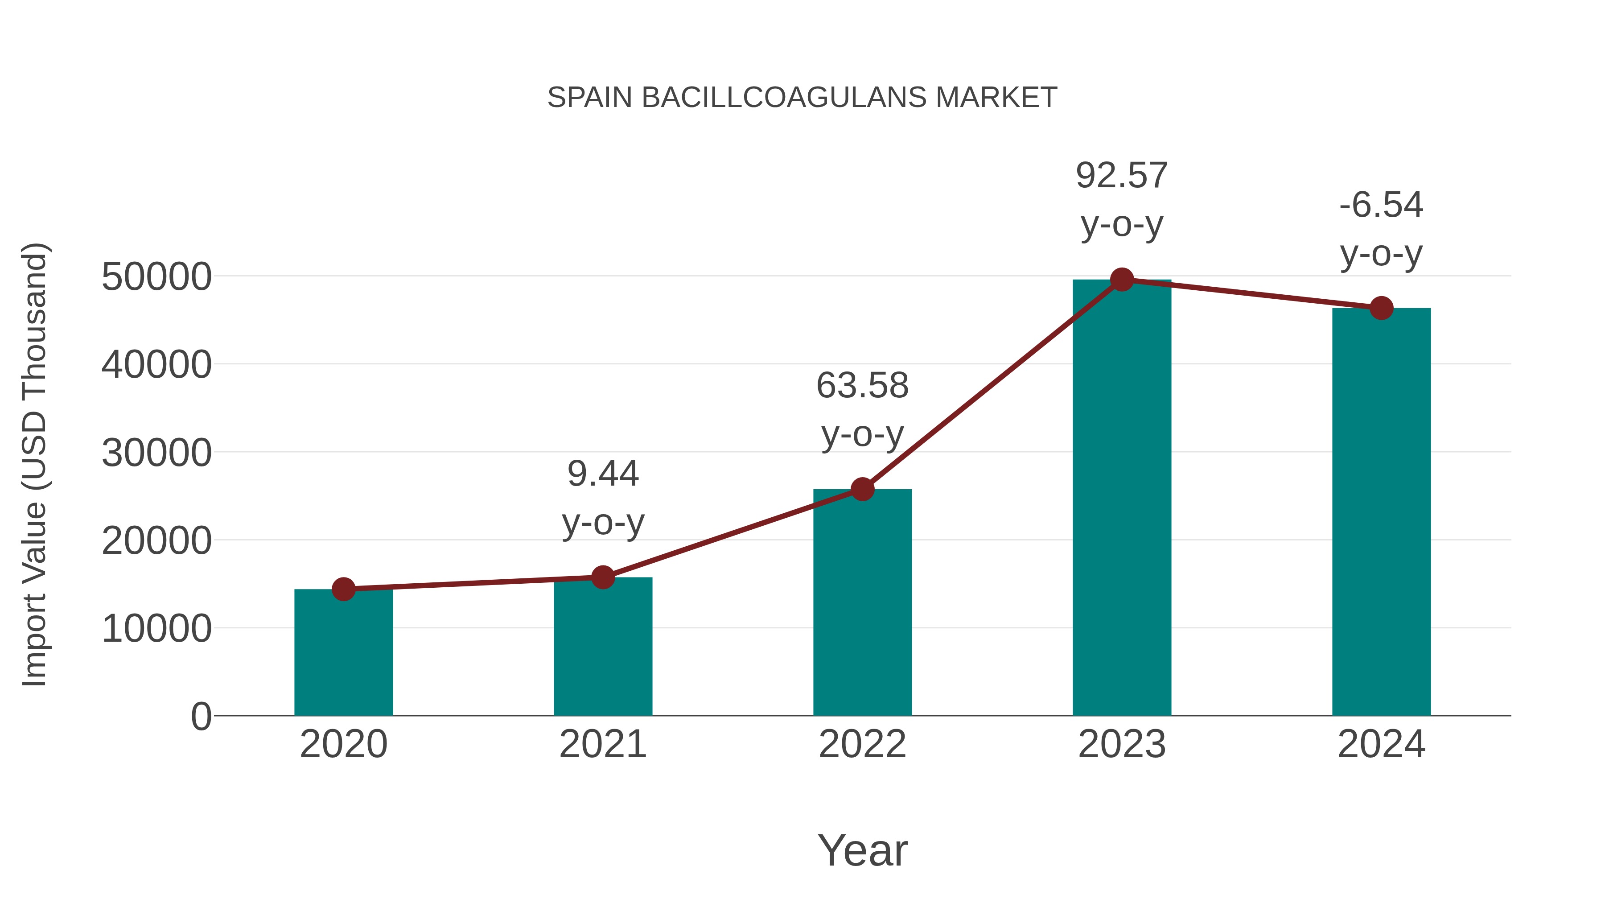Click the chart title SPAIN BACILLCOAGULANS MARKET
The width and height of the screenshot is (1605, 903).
click(x=802, y=98)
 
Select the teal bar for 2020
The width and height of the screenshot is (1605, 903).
click(x=343, y=654)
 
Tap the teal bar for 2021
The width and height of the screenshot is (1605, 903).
click(x=602, y=648)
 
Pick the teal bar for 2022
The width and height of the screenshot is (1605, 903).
click(x=862, y=605)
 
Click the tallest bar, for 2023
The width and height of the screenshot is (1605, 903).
click(x=1122, y=499)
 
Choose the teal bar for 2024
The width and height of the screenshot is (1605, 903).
click(x=1381, y=511)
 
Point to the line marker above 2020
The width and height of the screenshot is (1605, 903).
click(x=343, y=589)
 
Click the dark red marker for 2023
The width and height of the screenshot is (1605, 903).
click(x=1122, y=280)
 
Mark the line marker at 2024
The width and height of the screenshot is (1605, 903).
click(x=1381, y=308)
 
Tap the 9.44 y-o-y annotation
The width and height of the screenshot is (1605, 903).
click(x=602, y=497)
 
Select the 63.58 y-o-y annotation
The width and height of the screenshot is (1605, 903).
click(x=862, y=409)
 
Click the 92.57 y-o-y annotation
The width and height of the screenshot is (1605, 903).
click(x=1122, y=199)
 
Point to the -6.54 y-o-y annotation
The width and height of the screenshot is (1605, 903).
click(x=1381, y=229)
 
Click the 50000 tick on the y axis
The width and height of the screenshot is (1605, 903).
click(x=156, y=276)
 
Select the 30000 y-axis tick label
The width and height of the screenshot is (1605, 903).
click(x=156, y=453)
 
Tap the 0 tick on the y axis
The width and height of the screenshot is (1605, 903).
click(x=201, y=717)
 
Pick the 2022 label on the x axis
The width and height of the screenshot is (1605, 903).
click(x=862, y=744)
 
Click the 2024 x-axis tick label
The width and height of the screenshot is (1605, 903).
click(x=1381, y=744)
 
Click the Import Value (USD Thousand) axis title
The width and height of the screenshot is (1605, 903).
click(x=34, y=464)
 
